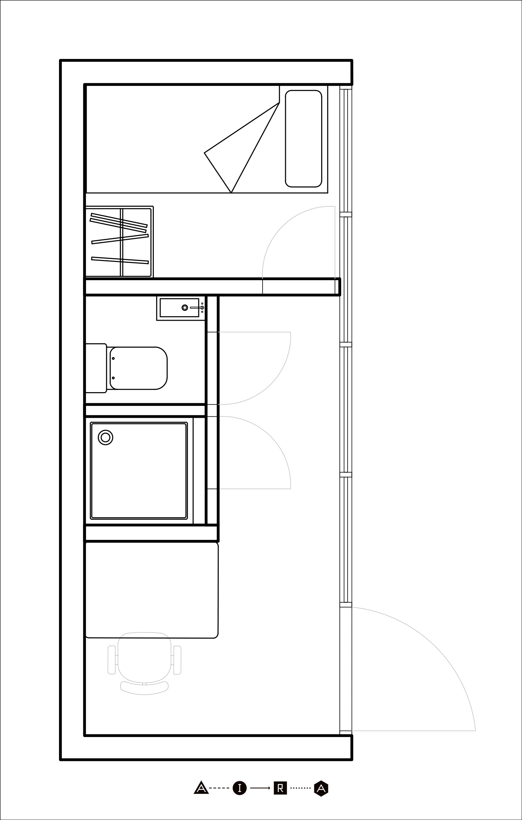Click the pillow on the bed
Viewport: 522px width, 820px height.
click(x=303, y=139)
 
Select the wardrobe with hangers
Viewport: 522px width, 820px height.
click(x=119, y=241)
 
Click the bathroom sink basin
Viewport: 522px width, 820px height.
click(x=179, y=308)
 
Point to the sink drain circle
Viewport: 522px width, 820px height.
click(x=185, y=308)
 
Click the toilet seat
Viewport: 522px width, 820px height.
click(x=138, y=368)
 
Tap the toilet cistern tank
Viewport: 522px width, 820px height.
click(x=96, y=368)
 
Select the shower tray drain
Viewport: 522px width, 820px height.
click(x=105, y=438)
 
